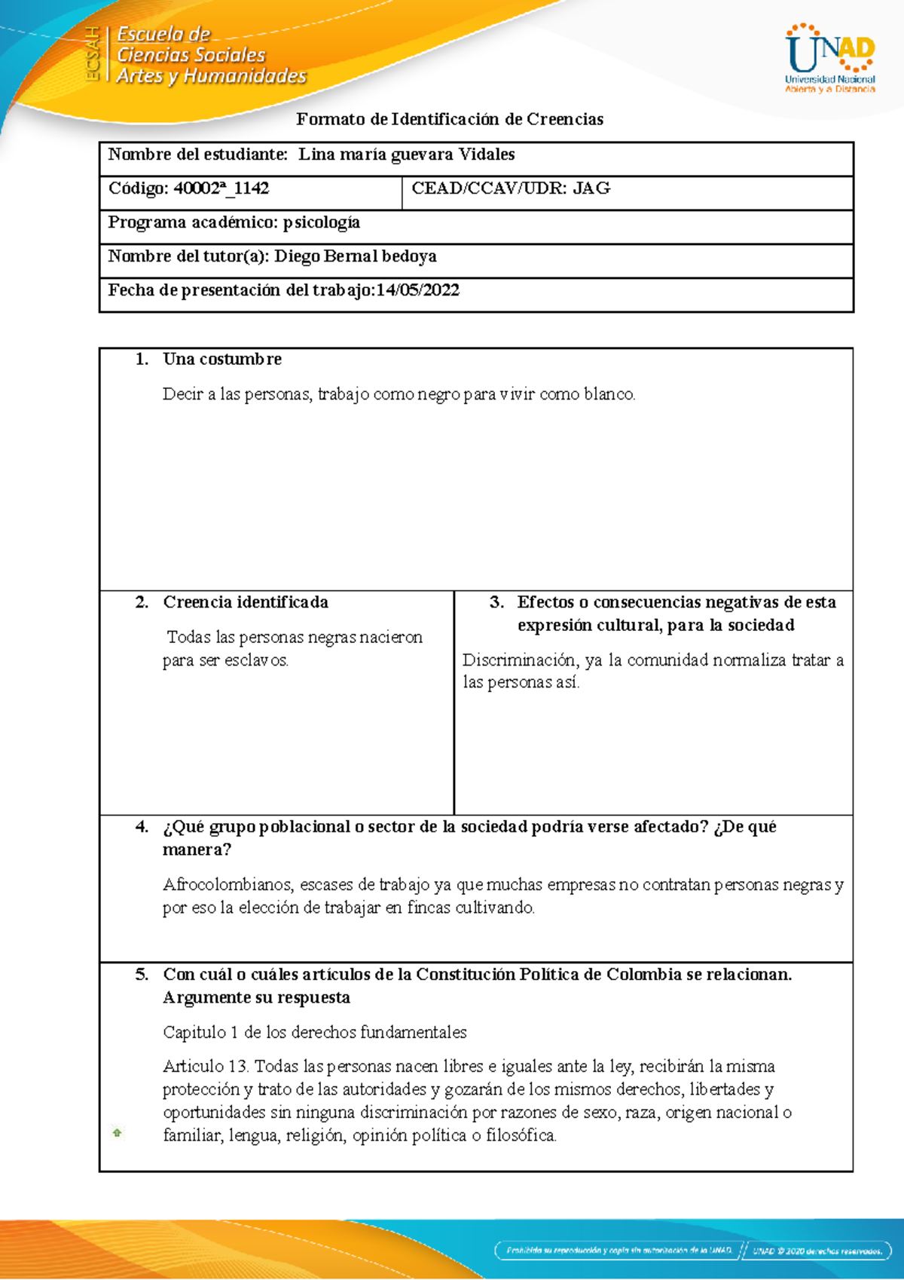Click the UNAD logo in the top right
[x=830, y=59]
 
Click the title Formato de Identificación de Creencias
[x=450, y=119]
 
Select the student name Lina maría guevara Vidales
[x=406, y=155]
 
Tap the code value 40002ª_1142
[x=221, y=188]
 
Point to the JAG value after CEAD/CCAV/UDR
[x=591, y=188]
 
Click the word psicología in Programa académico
[x=322, y=222]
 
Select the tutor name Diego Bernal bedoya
[x=356, y=256]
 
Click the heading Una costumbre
[x=222, y=359]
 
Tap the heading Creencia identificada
[x=246, y=602]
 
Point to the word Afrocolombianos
[x=227, y=885]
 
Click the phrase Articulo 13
[x=205, y=1067]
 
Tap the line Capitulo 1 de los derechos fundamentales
[x=315, y=1032]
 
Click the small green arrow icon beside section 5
[x=118, y=1132]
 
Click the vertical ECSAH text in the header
[x=92, y=54]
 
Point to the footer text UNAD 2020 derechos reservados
[x=817, y=1251]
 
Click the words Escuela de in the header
[x=163, y=34]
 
